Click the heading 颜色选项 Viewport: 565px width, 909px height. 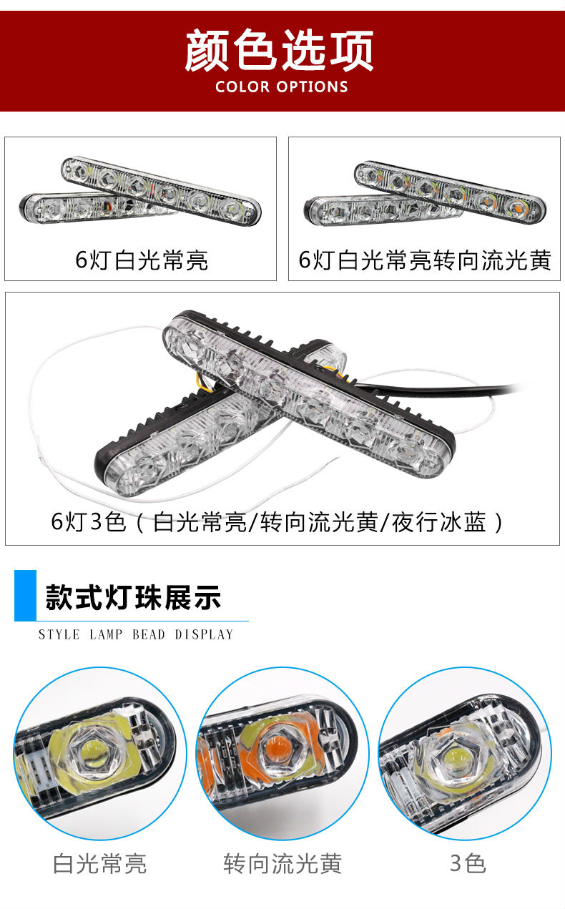coord(279,51)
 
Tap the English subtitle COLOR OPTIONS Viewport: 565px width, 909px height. coord(282,87)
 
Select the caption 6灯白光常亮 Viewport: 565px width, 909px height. coord(142,260)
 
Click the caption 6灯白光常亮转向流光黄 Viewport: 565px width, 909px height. coord(425,260)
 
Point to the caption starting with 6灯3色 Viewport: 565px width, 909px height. coord(277,522)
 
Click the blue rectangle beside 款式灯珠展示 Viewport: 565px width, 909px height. coord(25,595)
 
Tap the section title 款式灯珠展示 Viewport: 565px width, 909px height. coord(133,597)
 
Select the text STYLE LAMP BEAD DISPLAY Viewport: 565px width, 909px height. coord(136,634)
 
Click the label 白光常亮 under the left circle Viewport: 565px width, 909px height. coord(100,863)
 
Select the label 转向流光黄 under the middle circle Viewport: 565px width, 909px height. coord(282,863)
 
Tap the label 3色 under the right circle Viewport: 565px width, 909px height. coord(468,863)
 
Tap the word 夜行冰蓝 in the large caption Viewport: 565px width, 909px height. coord(438,522)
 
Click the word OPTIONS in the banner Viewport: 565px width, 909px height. coord(312,87)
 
